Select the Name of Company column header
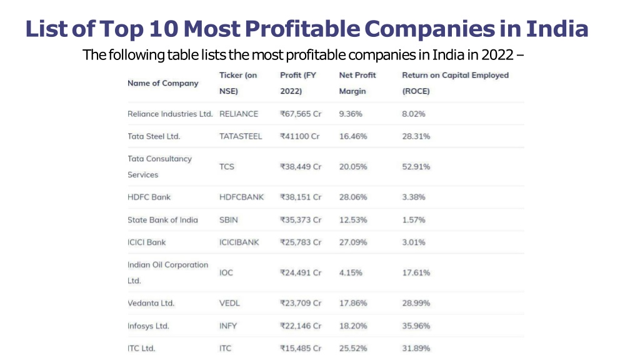162,83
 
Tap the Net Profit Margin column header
357,83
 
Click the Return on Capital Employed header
455,83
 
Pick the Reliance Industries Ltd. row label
170,114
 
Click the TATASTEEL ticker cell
241,136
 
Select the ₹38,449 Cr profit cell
301,167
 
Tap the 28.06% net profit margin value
353,197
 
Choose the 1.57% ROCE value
414,220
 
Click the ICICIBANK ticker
239,242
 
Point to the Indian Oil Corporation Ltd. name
167,272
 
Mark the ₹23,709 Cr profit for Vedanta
301,303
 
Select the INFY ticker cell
228,326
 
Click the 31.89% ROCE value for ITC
416,348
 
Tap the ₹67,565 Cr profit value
301,114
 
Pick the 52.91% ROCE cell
416,167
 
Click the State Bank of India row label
162,220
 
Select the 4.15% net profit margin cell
351,272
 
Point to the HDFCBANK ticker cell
241,197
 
